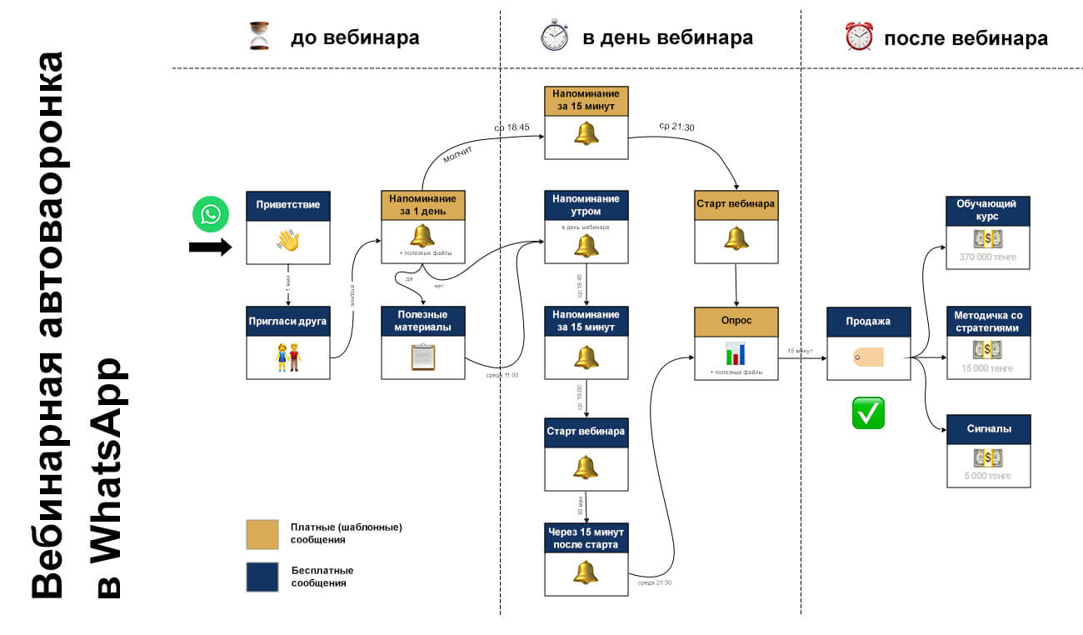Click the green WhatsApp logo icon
click(210, 215)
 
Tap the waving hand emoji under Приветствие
click(287, 242)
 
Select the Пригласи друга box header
click(287, 321)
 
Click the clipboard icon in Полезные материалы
click(422, 357)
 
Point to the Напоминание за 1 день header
click(422, 205)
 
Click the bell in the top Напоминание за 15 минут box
click(586, 132)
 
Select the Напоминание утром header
click(586, 205)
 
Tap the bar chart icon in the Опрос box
click(735, 353)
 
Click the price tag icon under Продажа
click(867, 357)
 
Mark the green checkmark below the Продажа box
click(867, 412)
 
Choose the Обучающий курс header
click(988, 211)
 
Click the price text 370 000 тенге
click(988, 258)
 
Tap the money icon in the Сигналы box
click(988, 457)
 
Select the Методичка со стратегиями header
click(988, 321)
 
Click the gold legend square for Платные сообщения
click(262, 534)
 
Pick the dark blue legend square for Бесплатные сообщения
click(262, 576)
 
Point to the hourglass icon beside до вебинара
click(260, 37)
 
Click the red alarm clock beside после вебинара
click(858, 37)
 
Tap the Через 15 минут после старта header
click(586, 538)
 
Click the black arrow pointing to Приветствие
click(210, 247)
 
